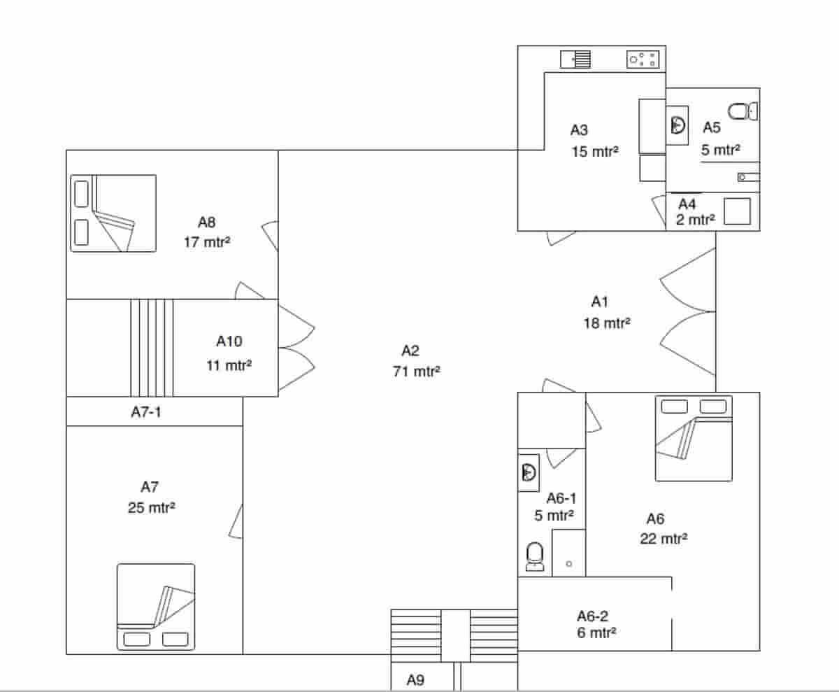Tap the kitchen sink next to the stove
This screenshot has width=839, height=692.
click(x=575, y=59)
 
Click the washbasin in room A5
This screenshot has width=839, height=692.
click(x=677, y=125)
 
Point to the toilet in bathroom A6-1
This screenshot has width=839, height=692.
click(x=535, y=557)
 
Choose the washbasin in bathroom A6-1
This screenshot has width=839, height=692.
click(x=529, y=472)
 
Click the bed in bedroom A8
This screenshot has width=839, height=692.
click(x=113, y=213)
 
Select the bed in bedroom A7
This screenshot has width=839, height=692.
click(x=155, y=607)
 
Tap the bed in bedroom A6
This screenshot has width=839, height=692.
click(x=694, y=438)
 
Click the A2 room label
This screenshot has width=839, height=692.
click(x=410, y=351)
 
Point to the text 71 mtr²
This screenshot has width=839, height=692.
click(x=417, y=372)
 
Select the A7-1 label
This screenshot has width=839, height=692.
click(x=146, y=412)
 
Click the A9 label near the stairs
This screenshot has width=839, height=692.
click(x=415, y=679)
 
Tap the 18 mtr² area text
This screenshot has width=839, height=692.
click(x=607, y=323)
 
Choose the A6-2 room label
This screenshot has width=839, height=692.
click(x=592, y=616)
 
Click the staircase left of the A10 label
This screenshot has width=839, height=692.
click(x=152, y=348)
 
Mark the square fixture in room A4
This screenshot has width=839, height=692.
click(x=737, y=211)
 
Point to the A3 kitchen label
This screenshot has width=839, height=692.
click(x=579, y=129)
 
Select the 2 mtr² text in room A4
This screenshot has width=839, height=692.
click(x=695, y=220)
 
